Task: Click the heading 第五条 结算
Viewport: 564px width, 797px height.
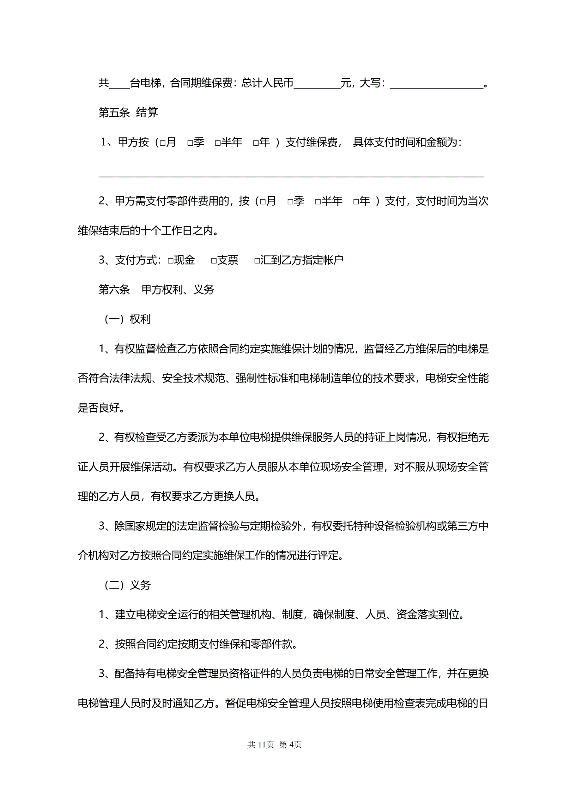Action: click(x=128, y=112)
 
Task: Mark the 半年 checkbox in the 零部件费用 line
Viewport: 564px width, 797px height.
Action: click(x=318, y=202)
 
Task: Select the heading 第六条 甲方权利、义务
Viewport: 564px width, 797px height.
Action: click(x=156, y=289)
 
